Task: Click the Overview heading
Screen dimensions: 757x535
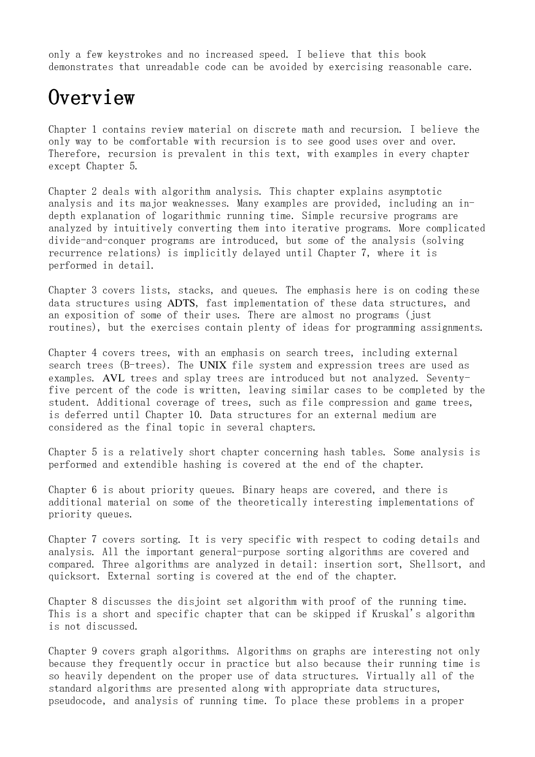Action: click(x=92, y=98)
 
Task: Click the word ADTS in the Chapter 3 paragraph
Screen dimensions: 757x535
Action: click(x=181, y=303)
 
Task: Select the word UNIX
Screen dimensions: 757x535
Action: click(x=213, y=365)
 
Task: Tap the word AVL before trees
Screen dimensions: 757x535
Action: click(x=113, y=378)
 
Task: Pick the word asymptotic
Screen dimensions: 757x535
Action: click(x=415, y=192)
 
